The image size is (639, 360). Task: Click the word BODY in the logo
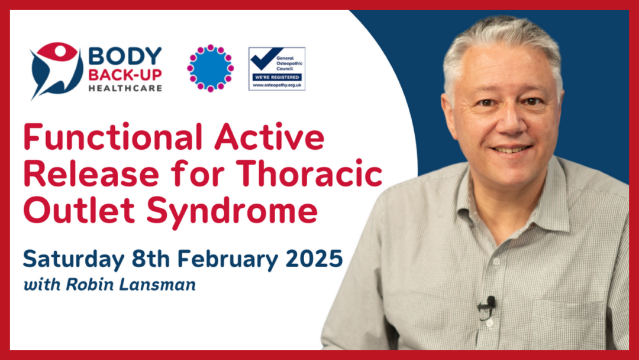[125, 56]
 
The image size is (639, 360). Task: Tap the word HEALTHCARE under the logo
[125, 88]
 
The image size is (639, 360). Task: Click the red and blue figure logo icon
[56, 70]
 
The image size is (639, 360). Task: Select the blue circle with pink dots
[210, 68]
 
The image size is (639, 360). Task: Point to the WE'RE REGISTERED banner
[277, 77]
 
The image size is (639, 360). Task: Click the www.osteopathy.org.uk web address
[277, 85]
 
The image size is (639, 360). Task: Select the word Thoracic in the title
[309, 173]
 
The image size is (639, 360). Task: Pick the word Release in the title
[91, 173]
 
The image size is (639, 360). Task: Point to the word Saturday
[74, 259]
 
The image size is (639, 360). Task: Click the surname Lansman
[157, 284]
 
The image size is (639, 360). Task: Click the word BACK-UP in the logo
[125, 75]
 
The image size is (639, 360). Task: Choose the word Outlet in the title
[79, 210]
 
